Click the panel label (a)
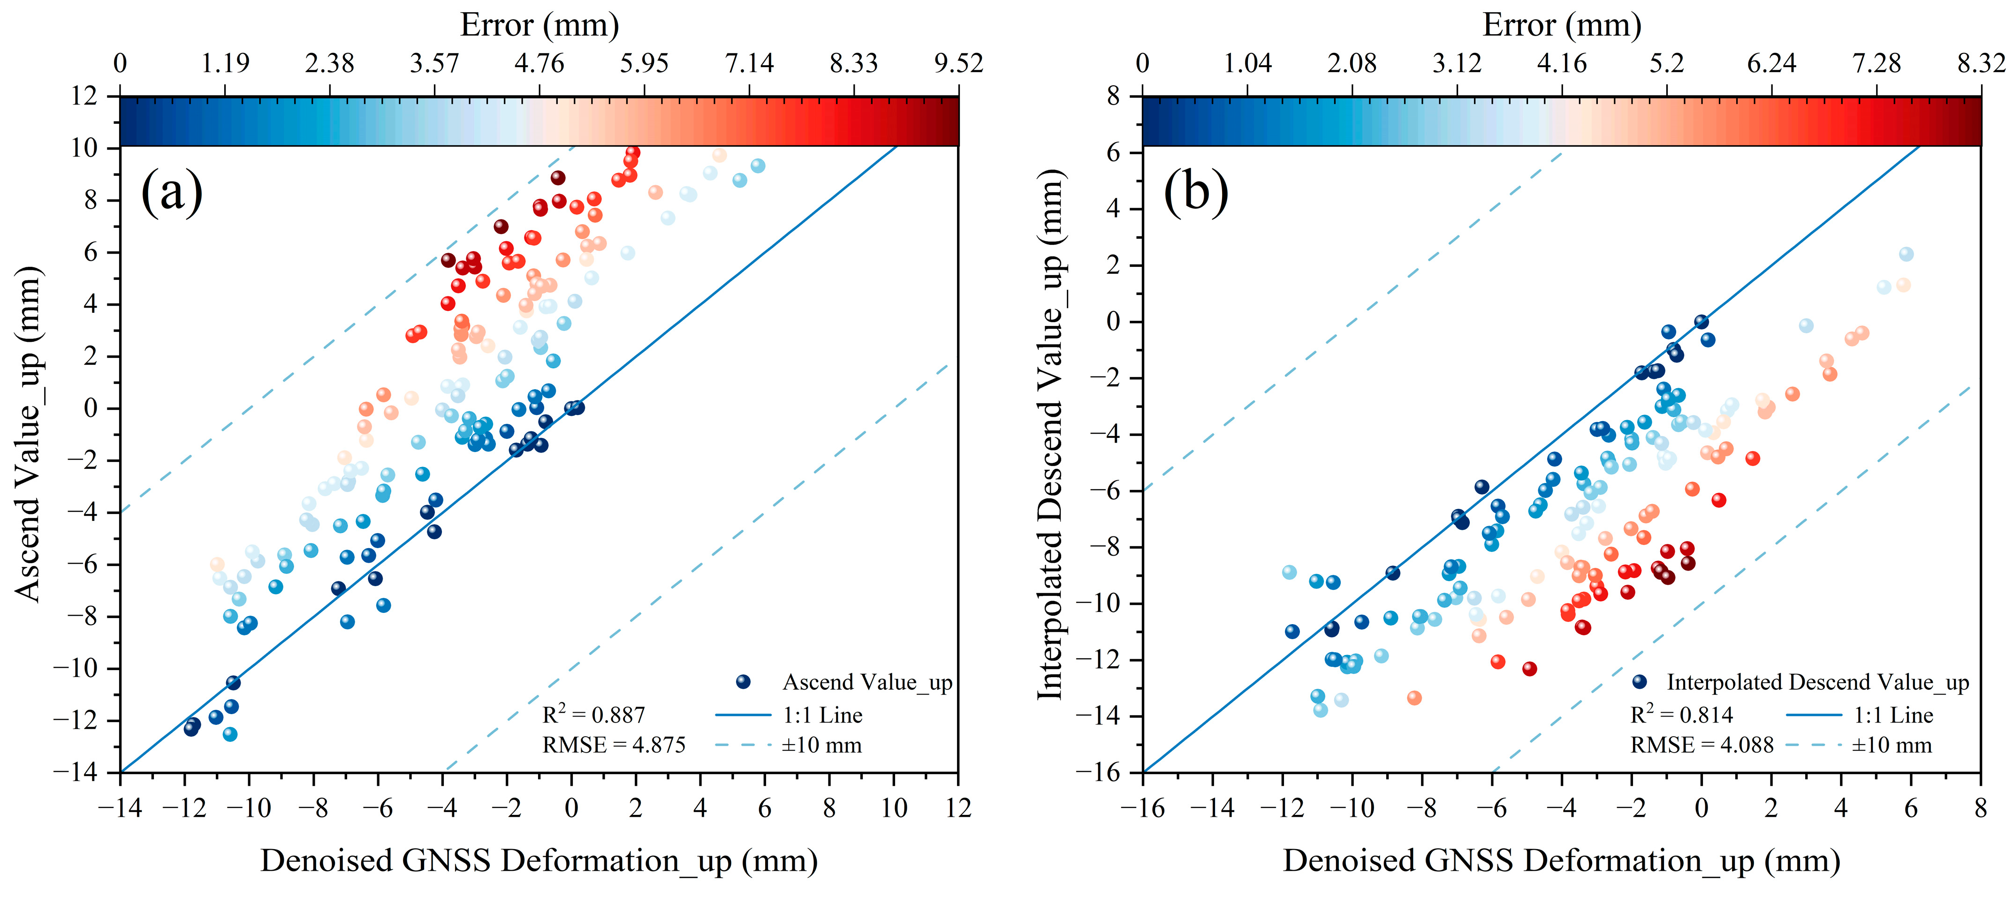(171, 193)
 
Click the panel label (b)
(1196, 193)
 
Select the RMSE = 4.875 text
(614, 746)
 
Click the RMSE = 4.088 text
(1701, 746)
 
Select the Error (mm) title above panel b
(1561, 25)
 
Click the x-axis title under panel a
(539, 861)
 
